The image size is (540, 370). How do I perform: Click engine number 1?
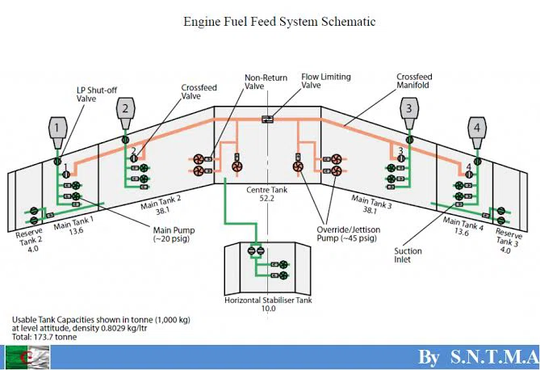click(x=57, y=132)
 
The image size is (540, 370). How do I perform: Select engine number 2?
click(x=125, y=113)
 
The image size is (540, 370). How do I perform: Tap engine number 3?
click(x=409, y=113)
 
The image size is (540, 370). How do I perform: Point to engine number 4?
click(x=477, y=132)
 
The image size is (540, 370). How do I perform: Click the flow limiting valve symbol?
click(x=267, y=120)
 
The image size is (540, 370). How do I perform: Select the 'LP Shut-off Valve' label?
click(x=97, y=95)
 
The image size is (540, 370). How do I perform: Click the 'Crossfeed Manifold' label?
click(x=414, y=81)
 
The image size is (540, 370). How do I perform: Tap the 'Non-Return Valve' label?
click(x=266, y=82)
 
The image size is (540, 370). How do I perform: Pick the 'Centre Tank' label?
click(x=267, y=190)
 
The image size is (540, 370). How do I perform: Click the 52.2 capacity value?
click(x=267, y=198)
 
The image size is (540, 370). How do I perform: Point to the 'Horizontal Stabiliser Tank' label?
click(x=268, y=300)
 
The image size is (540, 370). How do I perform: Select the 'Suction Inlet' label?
click(x=408, y=255)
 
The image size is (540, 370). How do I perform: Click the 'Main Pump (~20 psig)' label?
click(x=174, y=234)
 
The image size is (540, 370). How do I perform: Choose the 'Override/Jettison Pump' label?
click(x=349, y=233)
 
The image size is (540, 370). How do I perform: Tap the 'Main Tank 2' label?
click(x=161, y=205)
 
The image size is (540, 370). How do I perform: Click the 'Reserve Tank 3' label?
click(x=508, y=240)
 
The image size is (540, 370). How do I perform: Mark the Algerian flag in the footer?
click(x=27, y=357)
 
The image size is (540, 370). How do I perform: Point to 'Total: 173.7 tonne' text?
click(x=44, y=337)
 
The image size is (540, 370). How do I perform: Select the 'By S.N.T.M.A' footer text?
click(x=479, y=356)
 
